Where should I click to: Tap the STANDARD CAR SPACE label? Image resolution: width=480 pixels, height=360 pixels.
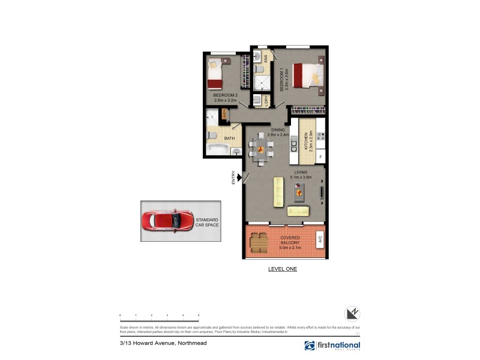point(207,223)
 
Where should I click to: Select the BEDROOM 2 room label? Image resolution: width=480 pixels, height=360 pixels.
point(226,98)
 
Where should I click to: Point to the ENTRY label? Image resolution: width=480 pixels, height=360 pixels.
point(233,178)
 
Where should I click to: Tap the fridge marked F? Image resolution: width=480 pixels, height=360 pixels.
point(321,157)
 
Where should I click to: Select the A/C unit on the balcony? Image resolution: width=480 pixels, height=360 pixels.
point(320,238)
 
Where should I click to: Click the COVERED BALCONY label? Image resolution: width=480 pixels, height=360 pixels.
point(290,242)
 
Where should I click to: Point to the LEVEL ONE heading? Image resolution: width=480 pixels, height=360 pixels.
point(282,269)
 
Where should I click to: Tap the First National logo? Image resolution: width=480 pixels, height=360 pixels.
point(332,346)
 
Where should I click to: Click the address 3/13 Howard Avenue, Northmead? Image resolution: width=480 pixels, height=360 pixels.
point(153,344)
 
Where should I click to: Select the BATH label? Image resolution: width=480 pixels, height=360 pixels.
point(229,139)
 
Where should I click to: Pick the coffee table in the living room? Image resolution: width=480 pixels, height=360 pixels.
point(299,191)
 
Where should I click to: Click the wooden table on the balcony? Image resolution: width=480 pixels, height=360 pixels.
point(259,241)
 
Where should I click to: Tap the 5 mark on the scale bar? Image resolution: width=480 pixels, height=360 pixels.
point(198,315)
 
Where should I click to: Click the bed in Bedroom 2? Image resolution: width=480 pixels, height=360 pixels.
point(215,74)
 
